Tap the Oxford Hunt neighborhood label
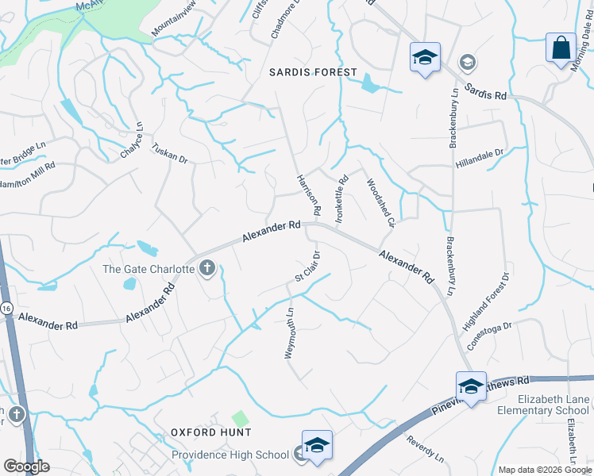point(211,432)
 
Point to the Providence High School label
point(230,455)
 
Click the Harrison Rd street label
point(307,195)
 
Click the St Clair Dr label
point(307,267)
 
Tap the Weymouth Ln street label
point(290,333)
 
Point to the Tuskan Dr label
point(169,153)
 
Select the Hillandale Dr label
point(480,158)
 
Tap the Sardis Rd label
point(485,90)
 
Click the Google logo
point(27,467)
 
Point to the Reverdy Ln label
point(425,448)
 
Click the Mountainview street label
point(172,25)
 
